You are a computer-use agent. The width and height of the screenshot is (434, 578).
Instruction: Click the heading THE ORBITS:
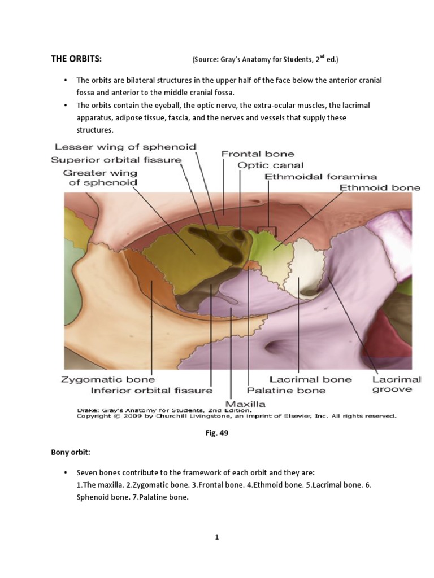[x=76, y=59]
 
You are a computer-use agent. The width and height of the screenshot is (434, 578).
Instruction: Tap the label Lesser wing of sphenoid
[x=124, y=147]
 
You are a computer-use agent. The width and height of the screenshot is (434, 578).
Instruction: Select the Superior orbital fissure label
[x=116, y=160]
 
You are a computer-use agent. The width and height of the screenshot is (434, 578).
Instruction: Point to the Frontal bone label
[x=257, y=154]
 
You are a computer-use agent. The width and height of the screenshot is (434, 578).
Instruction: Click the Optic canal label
[x=271, y=165]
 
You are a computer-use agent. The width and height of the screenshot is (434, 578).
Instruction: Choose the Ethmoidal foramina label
[x=321, y=177]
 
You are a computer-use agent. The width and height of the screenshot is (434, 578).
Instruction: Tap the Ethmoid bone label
[x=380, y=187]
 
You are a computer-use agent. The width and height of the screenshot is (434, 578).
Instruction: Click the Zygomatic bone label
[x=107, y=380]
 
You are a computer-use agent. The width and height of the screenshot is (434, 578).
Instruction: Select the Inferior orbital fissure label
[x=152, y=390]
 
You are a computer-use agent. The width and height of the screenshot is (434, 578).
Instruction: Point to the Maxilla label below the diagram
[x=245, y=404]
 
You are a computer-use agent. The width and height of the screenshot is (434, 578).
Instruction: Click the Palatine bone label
[x=287, y=390]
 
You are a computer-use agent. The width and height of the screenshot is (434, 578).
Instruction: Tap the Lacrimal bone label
[x=310, y=380]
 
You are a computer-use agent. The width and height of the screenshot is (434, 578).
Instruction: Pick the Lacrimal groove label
[x=397, y=384]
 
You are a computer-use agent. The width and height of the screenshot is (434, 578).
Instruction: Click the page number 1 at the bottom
[x=216, y=537]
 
